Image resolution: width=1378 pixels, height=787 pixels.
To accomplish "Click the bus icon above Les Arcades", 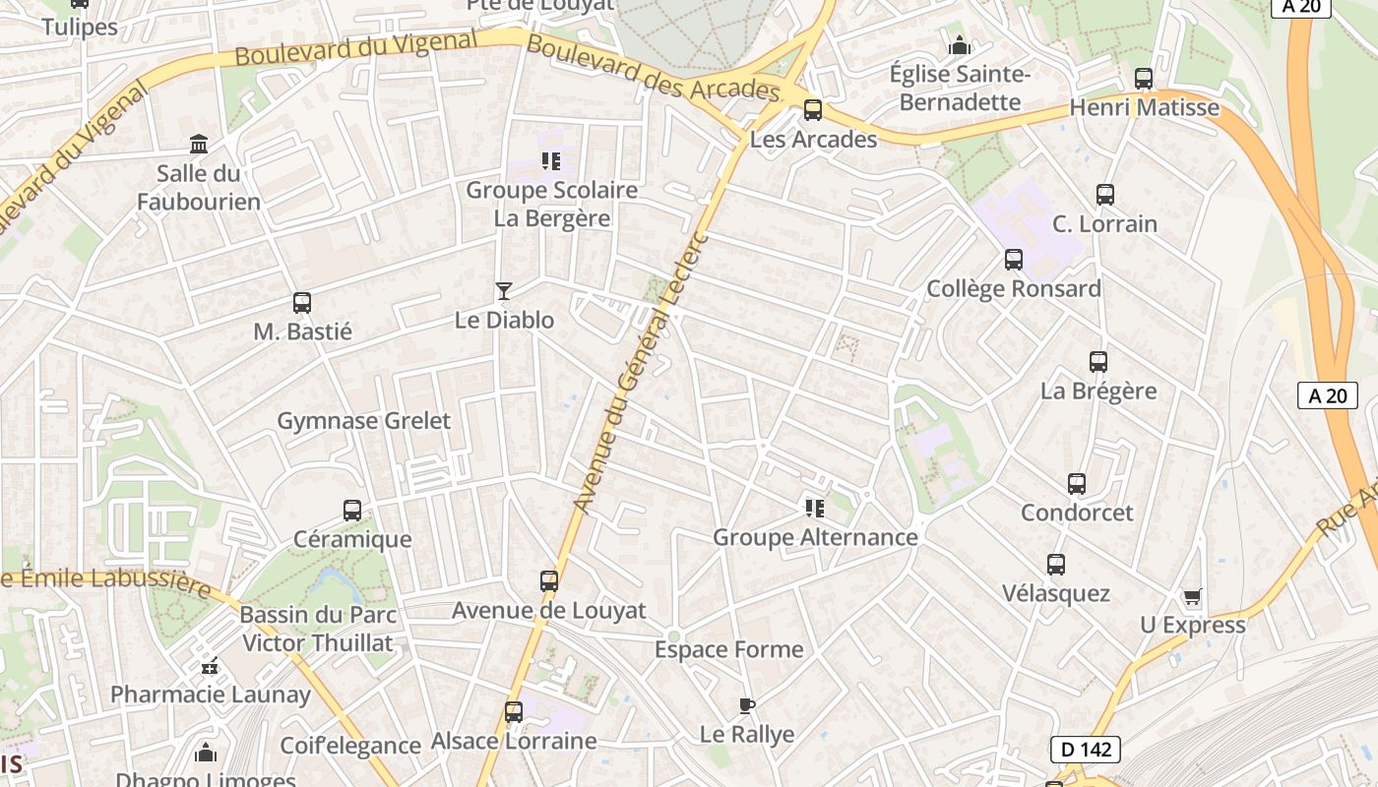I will pyautogui.click(x=812, y=109).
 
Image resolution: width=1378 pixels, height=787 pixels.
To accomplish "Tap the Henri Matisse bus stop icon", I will pyautogui.click(x=1144, y=78).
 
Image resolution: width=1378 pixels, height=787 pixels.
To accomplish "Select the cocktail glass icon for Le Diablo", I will pyautogui.click(x=504, y=290).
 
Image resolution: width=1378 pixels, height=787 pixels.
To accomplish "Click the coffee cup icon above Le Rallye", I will pyautogui.click(x=746, y=705).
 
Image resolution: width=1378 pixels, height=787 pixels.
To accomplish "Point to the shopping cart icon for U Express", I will pyautogui.click(x=1193, y=596).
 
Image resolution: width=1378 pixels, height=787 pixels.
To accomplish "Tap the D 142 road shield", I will pyautogui.click(x=1086, y=750).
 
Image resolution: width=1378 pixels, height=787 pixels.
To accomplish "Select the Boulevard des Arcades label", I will pyautogui.click(x=653, y=69).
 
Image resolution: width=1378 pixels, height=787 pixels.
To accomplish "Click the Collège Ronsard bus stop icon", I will pyautogui.click(x=1013, y=260).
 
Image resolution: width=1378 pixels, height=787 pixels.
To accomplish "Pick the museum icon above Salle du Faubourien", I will pyautogui.click(x=199, y=145).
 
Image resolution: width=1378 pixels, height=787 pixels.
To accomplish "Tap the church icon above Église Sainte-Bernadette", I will pyautogui.click(x=959, y=45).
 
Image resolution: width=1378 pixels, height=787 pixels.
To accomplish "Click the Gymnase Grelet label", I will pyautogui.click(x=363, y=421).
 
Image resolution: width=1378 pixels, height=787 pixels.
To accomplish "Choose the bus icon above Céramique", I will pyautogui.click(x=352, y=511).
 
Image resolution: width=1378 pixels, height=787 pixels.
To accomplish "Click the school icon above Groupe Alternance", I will pyautogui.click(x=814, y=508).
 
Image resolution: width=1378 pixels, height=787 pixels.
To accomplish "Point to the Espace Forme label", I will pyautogui.click(x=728, y=649).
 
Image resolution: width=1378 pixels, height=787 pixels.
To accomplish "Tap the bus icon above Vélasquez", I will pyautogui.click(x=1056, y=565).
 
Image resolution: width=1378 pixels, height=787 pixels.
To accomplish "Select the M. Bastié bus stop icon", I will pyautogui.click(x=302, y=303).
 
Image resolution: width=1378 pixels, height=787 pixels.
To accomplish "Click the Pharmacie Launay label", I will pyautogui.click(x=210, y=695).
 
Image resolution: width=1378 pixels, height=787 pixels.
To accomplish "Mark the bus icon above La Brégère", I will pyautogui.click(x=1098, y=362).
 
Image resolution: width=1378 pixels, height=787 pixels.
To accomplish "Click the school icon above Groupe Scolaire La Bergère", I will pyautogui.click(x=551, y=160).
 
